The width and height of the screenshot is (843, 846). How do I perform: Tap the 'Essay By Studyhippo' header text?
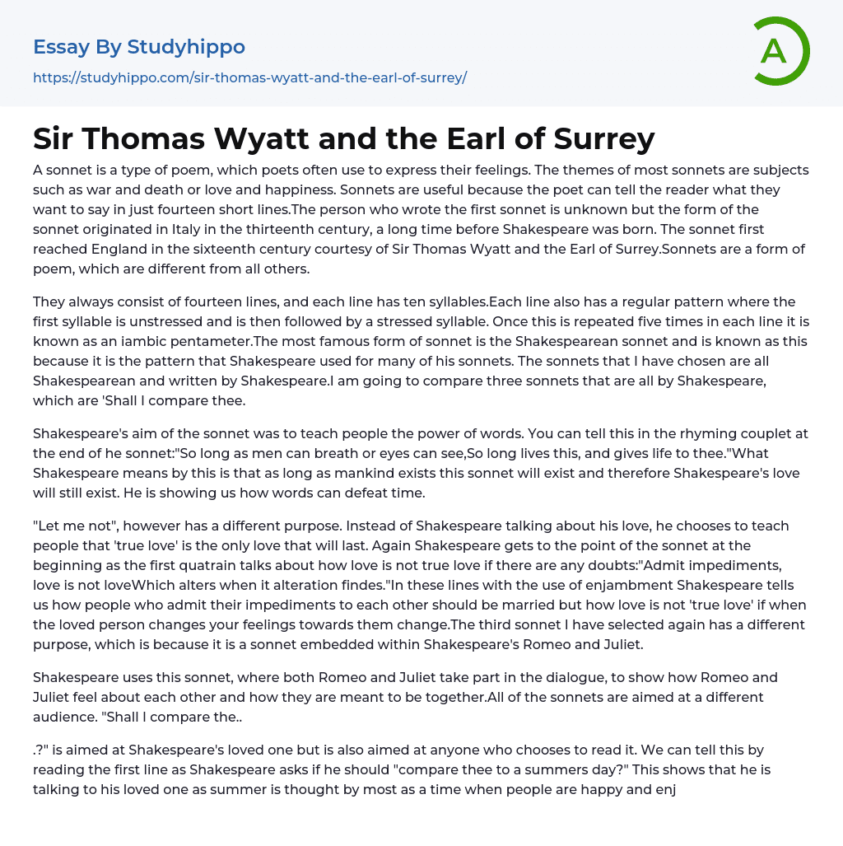pyautogui.click(x=139, y=47)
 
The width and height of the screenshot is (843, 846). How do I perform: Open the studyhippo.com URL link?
pyautogui.click(x=249, y=78)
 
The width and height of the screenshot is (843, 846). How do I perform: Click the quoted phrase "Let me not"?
pyautogui.click(x=76, y=526)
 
